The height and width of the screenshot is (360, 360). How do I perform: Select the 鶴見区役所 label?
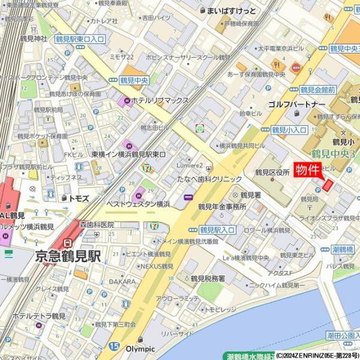coord(272,172)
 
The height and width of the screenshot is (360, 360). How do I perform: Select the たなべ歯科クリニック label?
coord(209,179)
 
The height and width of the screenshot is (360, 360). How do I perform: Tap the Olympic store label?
coord(140,349)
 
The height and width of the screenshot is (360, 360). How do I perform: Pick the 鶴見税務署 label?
coord(208,278)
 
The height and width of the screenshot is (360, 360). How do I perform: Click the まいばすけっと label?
coord(231,11)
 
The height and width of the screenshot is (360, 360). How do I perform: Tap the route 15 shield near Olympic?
coord(115,346)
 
